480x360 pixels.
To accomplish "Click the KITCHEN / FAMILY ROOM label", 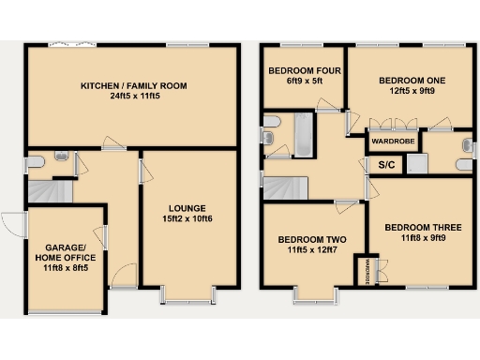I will point(133,85).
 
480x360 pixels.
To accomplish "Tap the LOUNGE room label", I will point(187,208).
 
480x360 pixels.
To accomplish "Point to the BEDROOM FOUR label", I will point(304,70).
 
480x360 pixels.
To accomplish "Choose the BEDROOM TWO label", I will point(311,240).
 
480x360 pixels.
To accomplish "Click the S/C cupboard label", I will point(386,166).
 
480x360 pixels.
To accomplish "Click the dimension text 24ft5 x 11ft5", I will point(133,97).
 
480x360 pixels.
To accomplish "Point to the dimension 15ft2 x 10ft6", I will point(187,219).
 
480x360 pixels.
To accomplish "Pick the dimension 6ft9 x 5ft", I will point(304,82).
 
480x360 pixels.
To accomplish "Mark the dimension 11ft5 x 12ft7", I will point(311,251).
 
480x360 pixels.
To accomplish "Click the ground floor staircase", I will point(48,191).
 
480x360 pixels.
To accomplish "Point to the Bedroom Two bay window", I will point(317,297).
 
